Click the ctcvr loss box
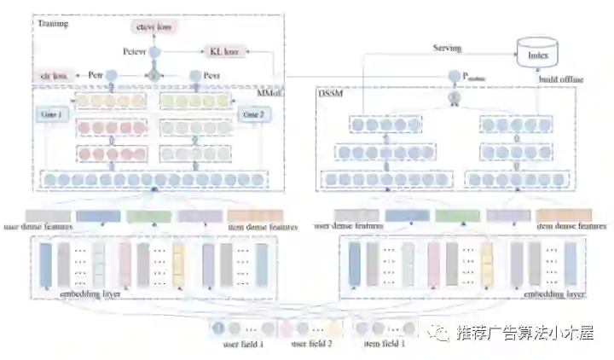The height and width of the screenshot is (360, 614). point(154,27)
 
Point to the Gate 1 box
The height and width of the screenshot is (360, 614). point(51,114)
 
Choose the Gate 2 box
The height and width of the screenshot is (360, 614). point(253,114)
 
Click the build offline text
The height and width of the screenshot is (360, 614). point(559,80)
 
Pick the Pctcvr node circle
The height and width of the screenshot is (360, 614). point(155,53)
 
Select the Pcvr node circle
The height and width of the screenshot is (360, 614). point(194,76)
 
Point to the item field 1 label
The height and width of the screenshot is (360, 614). point(384,345)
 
